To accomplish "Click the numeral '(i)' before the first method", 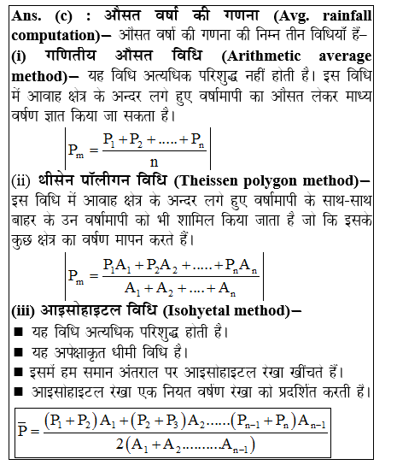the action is (19, 56).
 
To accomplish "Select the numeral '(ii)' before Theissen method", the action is (21, 181).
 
